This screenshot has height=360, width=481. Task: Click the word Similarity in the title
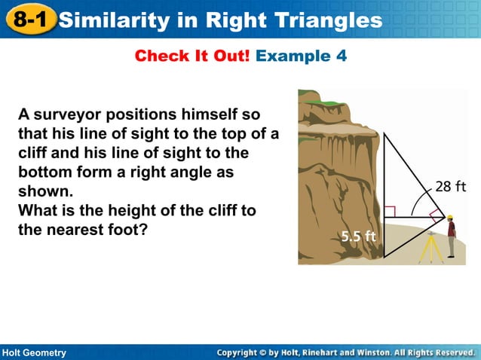(x=112, y=20)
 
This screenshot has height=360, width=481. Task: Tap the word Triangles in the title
(x=331, y=20)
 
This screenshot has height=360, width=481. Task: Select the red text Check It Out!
(x=191, y=56)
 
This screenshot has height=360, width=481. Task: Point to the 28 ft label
(x=450, y=187)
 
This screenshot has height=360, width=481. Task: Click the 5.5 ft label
(x=358, y=236)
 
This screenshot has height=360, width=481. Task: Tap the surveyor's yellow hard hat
(x=449, y=217)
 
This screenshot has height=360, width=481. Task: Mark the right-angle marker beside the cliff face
(x=390, y=211)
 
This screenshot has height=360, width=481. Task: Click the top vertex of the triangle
(x=384, y=133)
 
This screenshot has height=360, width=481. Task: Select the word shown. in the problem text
(x=44, y=191)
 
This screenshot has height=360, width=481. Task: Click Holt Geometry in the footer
(x=35, y=352)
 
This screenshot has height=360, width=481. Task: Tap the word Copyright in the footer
(x=244, y=352)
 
